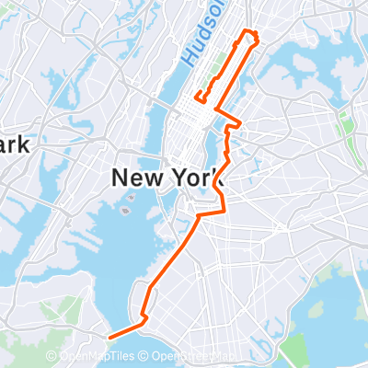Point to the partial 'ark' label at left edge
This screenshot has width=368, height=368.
point(15,145)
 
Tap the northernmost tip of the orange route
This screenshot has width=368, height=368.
point(247,31)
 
